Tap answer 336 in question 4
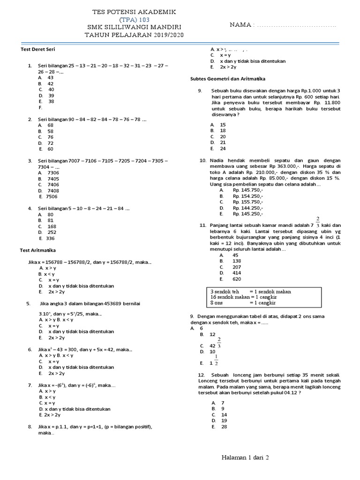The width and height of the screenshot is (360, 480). [50, 238]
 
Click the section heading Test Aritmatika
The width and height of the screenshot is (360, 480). [38, 250]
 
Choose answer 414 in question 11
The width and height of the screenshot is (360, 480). [237, 272]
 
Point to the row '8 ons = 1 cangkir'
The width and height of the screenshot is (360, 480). [244, 303]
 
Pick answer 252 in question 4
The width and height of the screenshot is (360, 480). [51, 232]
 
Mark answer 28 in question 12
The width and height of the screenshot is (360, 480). [224, 427]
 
